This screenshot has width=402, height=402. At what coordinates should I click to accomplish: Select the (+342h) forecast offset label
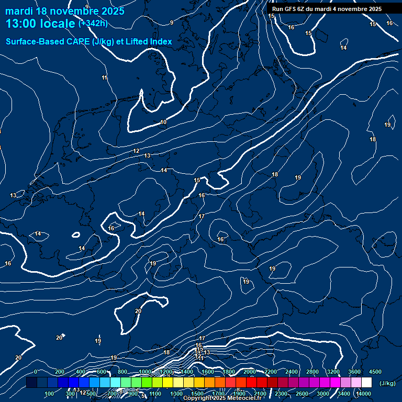click(x=93, y=23)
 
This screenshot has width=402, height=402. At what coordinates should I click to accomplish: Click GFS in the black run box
click(x=290, y=9)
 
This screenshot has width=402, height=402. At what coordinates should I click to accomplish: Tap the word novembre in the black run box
click(x=349, y=9)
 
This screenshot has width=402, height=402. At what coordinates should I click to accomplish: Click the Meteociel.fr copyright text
click(x=222, y=398)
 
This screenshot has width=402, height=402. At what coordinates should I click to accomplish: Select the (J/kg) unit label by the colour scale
click(x=387, y=384)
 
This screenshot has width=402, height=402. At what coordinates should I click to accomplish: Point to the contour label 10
click(x=163, y=122)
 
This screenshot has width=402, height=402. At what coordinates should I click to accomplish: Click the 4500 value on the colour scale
click(x=375, y=372)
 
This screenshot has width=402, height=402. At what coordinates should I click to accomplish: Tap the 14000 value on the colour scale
click(x=364, y=394)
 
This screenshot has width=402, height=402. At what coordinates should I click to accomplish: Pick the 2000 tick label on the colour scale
click(x=249, y=372)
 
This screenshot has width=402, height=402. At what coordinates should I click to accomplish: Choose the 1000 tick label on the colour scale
click(x=144, y=372)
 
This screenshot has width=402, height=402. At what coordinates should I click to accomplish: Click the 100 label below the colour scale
click(x=50, y=394)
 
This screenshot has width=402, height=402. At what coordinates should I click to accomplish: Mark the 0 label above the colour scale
click(x=36, y=372)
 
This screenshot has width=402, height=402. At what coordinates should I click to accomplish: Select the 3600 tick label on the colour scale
click(x=354, y=372)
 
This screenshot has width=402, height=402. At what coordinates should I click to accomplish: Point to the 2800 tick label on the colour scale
click(x=312, y=372)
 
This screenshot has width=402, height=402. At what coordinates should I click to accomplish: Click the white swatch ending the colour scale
click(x=366, y=383)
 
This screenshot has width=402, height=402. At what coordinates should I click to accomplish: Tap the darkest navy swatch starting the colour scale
click(x=31, y=383)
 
